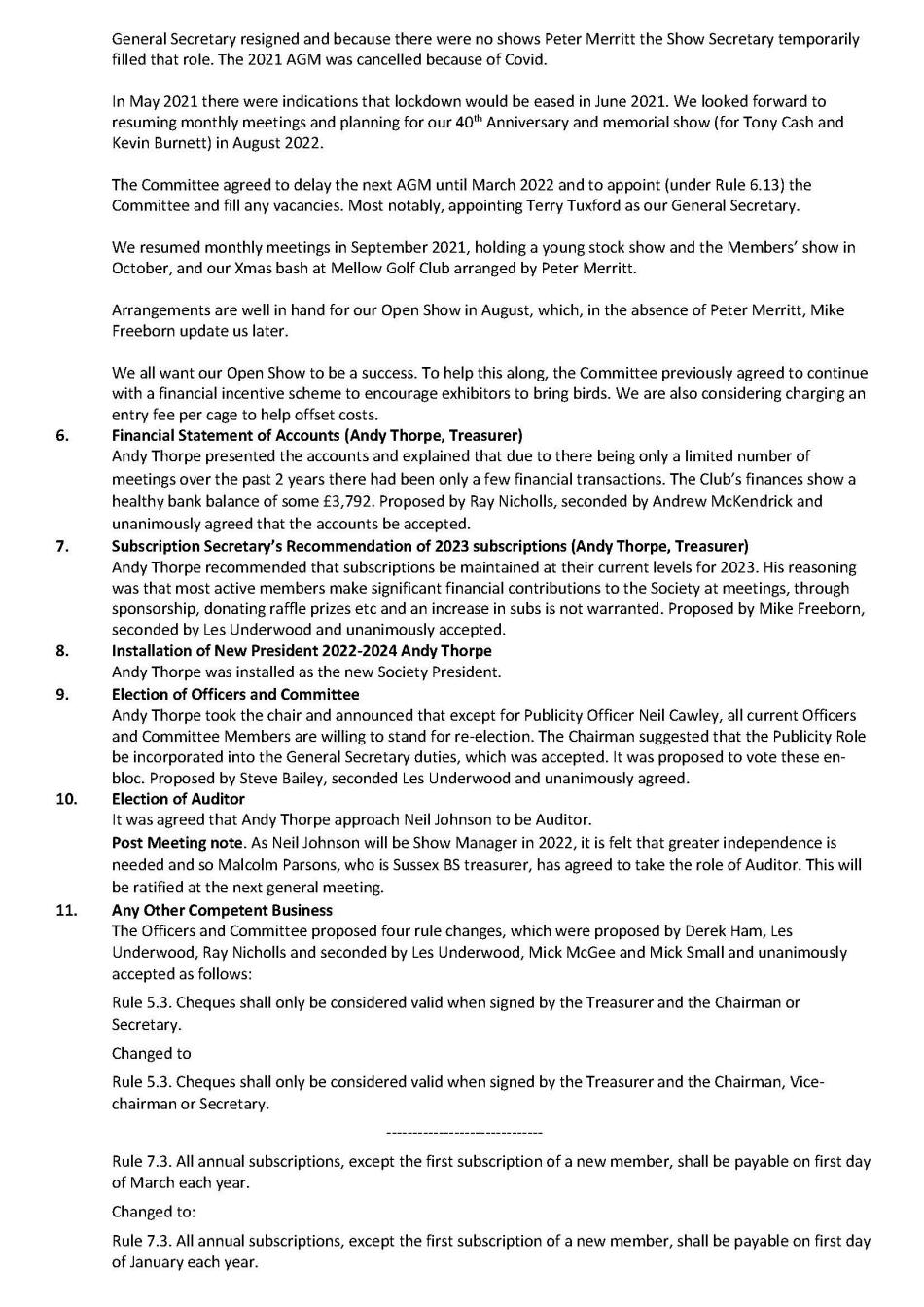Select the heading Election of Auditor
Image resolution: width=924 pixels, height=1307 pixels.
[178, 799]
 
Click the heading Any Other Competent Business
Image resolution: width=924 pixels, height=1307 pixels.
[222, 910]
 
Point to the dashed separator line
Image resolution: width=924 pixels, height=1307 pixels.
[464, 1133]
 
